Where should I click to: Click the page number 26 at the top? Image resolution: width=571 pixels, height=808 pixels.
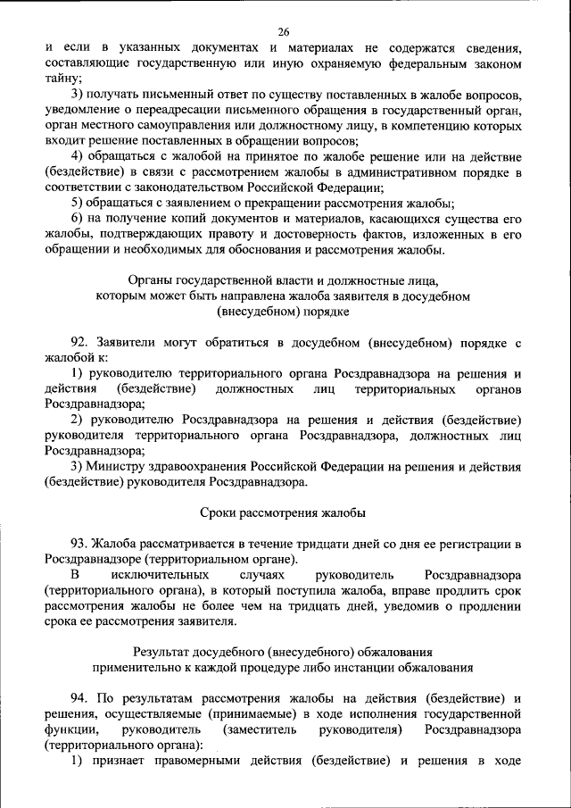(x=285, y=29)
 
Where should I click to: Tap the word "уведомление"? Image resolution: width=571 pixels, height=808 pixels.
(x=82, y=110)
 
